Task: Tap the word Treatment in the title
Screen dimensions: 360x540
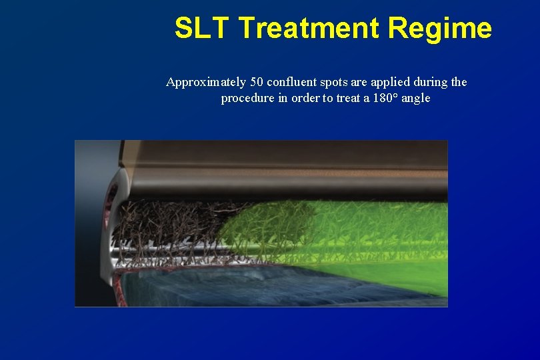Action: coord(308,29)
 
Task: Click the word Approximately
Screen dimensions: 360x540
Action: coord(205,83)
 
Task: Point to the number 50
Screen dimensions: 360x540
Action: coord(257,83)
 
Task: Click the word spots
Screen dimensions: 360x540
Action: coord(337,83)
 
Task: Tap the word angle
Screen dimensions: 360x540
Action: coord(415,99)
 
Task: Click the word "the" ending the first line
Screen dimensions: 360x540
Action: coord(459,83)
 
